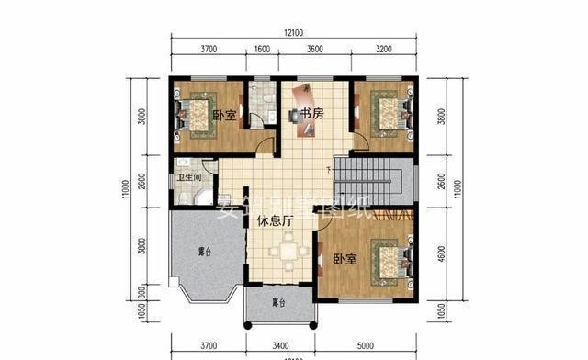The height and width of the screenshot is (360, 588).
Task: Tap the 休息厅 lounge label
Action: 275,220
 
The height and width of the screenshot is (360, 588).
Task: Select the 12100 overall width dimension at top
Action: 294,32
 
